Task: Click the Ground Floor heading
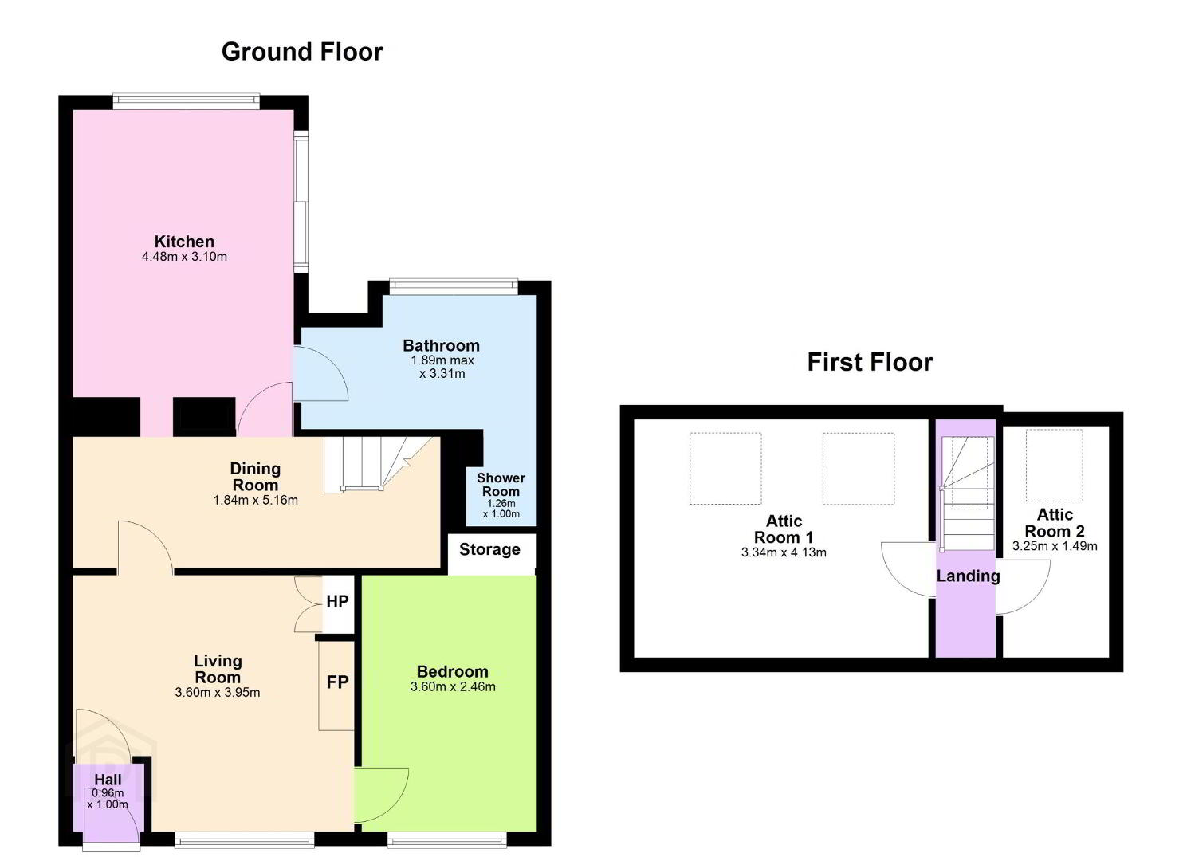302,53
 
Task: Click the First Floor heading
870,363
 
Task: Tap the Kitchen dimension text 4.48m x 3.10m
184,257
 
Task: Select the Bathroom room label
441,345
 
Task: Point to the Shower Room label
501,485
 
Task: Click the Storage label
489,549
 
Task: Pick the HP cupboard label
337,601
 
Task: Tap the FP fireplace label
337,682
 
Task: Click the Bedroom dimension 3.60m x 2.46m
453,686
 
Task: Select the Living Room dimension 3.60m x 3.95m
217,692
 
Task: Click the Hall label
108,780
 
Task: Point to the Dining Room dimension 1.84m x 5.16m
256,500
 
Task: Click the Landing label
968,576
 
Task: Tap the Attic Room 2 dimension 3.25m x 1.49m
1055,546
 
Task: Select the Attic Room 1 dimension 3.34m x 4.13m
784,552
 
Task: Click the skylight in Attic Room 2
1054,465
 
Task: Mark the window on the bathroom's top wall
454,285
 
